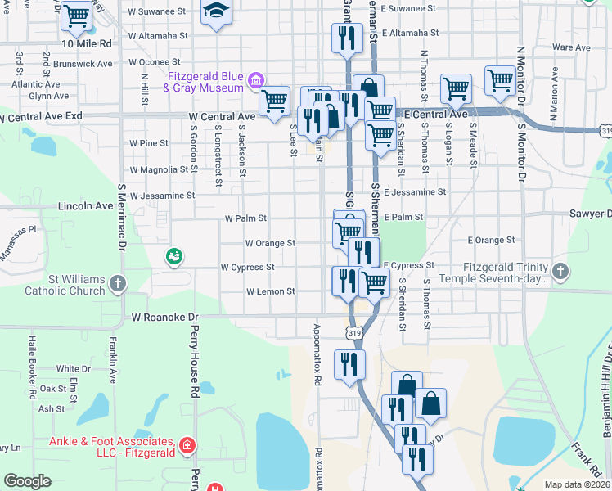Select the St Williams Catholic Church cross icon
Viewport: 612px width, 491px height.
tap(118, 283)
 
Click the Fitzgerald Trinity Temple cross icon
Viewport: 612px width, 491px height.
tap(560, 270)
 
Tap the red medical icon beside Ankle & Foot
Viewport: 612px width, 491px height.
tap(187, 445)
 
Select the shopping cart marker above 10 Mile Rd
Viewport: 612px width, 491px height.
tap(76, 15)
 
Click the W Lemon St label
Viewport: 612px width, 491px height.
tap(270, 291)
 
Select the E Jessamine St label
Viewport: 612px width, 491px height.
tap(414, 192)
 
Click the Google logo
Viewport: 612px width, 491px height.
tap(28, 481)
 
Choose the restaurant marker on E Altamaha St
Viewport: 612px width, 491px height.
tap(347, 37)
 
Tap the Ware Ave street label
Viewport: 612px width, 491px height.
tap(571, 47)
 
